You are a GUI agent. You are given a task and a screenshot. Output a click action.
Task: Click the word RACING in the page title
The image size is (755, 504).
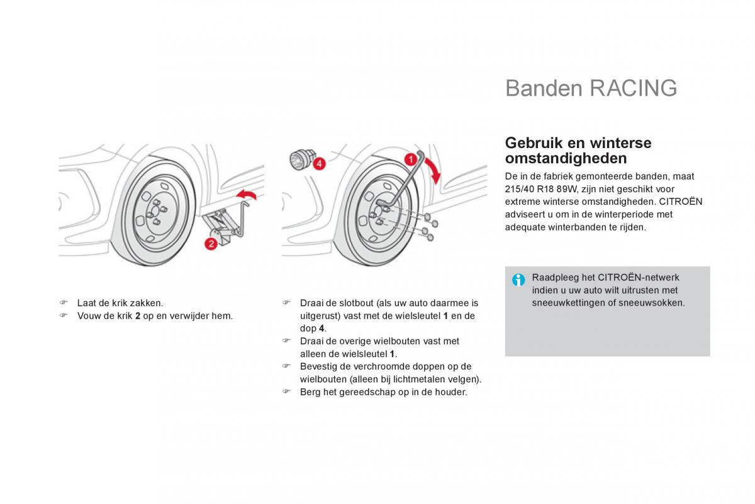[634, 88]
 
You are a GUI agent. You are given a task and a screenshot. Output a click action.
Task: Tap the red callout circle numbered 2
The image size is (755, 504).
[211, 244]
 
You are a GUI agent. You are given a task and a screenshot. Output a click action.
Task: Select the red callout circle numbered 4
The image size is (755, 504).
[319, 164]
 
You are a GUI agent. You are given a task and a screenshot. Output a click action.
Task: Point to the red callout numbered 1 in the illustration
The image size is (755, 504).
[410, 159]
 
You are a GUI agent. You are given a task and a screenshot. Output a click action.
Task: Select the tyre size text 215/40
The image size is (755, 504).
[517, 189]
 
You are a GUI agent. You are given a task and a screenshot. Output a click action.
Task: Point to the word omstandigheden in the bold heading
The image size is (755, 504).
[566, 158]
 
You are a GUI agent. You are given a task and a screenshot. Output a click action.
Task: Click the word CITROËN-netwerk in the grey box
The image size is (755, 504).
[639, 278]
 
